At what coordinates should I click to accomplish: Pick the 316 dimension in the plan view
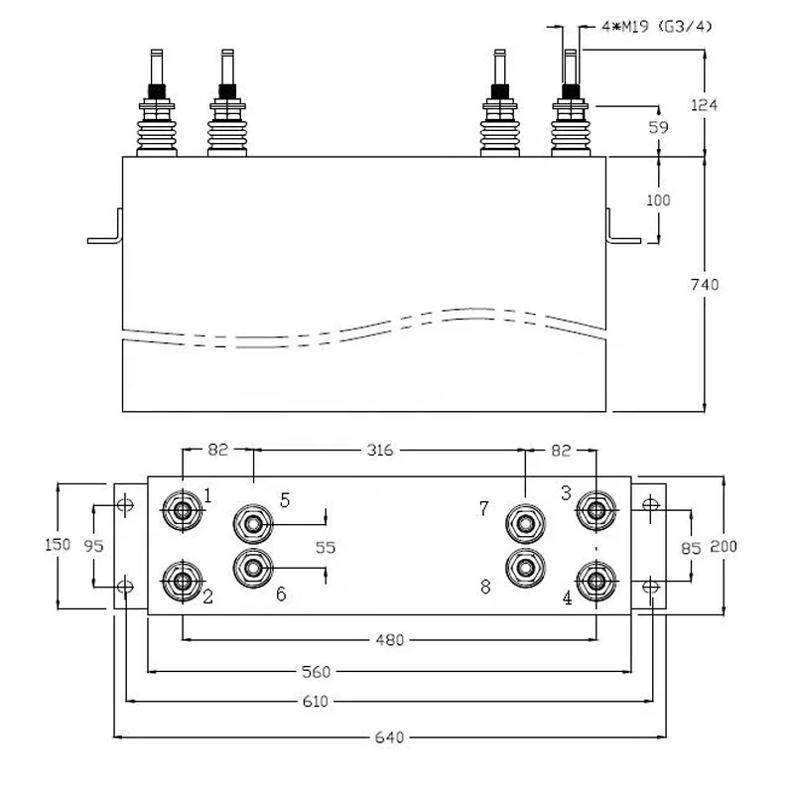[380, 451]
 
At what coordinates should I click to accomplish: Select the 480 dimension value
[389, 640]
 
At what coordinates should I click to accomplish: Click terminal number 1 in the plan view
[183, 511]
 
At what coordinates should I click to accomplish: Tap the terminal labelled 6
[253, 568]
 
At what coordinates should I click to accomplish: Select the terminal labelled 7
[524, 520]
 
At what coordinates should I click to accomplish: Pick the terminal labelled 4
[595, 580]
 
